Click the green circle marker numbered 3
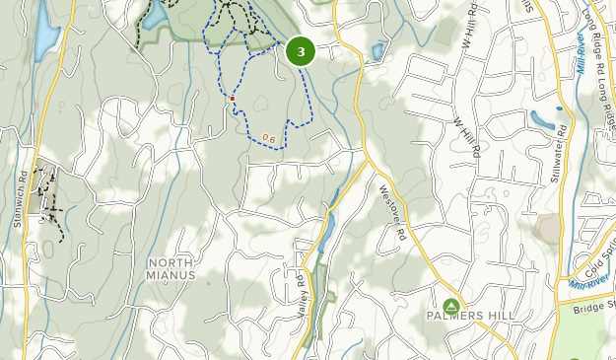click(301, 52)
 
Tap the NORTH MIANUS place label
click(172, 268)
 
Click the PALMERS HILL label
click(466, 317)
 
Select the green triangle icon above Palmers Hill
click(451, 306)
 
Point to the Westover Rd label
click(391, 214)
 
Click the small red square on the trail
click(232, 98)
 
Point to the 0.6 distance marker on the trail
click(268, 138)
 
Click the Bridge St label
click(594, 307)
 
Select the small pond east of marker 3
click(376, 50)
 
